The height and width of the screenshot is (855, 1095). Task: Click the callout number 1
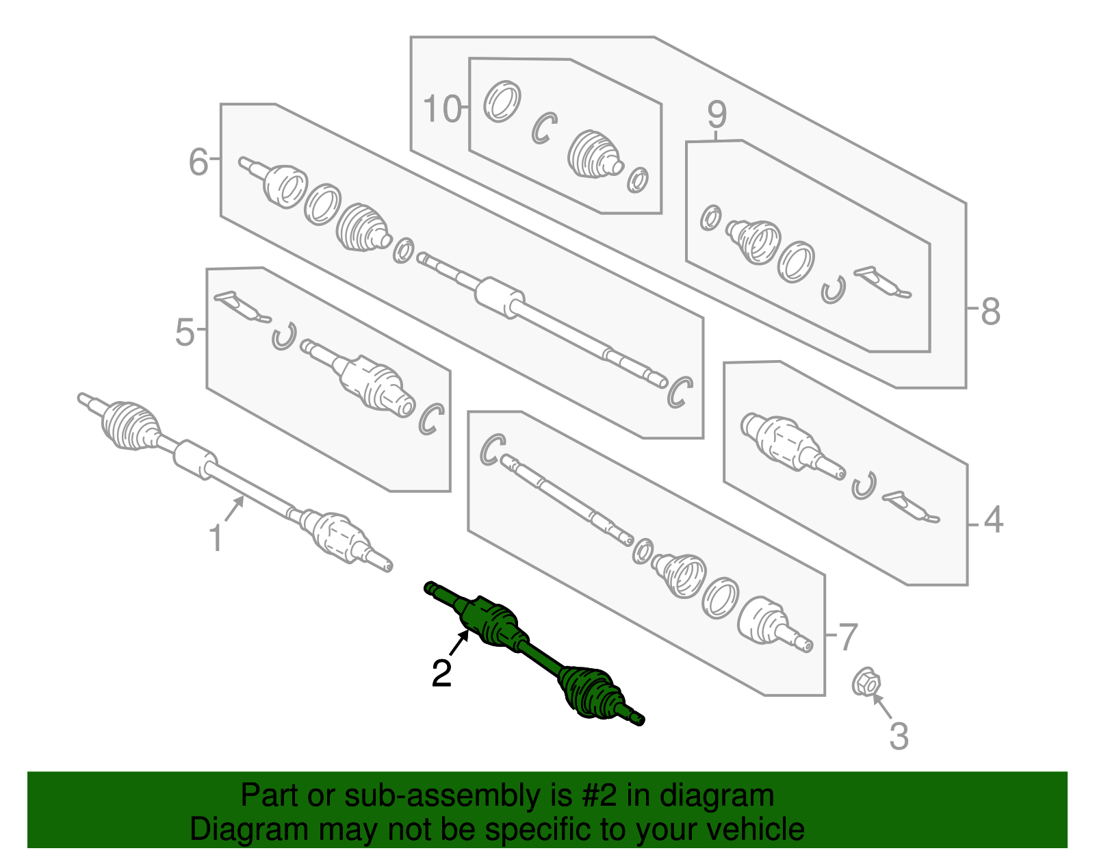click(x=215, y=537)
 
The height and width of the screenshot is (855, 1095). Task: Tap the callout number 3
click(x=899, y=736)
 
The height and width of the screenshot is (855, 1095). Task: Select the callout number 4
click(x=993, y=520)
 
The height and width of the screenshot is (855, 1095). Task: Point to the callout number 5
click(x=184, y=332)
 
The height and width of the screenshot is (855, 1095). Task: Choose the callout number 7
click(x=847, y=637)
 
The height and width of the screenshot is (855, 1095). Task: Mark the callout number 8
click(x=990, y=311)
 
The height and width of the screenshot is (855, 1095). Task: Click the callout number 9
click(x=717, y=114)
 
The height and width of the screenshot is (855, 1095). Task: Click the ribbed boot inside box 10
click(x=595, y=154)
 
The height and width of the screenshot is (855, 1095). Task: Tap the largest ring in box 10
click(x=502, y=101)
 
